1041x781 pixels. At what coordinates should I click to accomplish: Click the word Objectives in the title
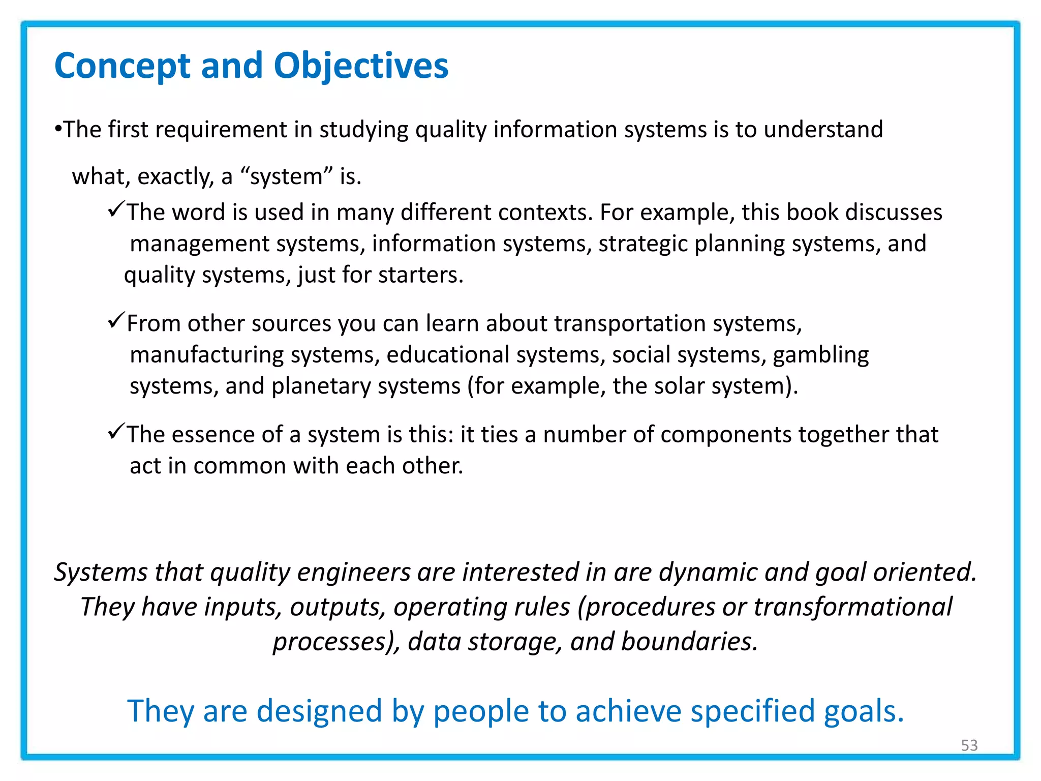(x=361, y=66)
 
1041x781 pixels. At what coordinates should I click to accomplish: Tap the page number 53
(x=969, y=745)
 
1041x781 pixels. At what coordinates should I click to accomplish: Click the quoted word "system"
(x=286, y=177)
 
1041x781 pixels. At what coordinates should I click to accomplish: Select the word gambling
(x=820, y=355)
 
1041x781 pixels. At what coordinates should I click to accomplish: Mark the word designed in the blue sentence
(x=319, y=711)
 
